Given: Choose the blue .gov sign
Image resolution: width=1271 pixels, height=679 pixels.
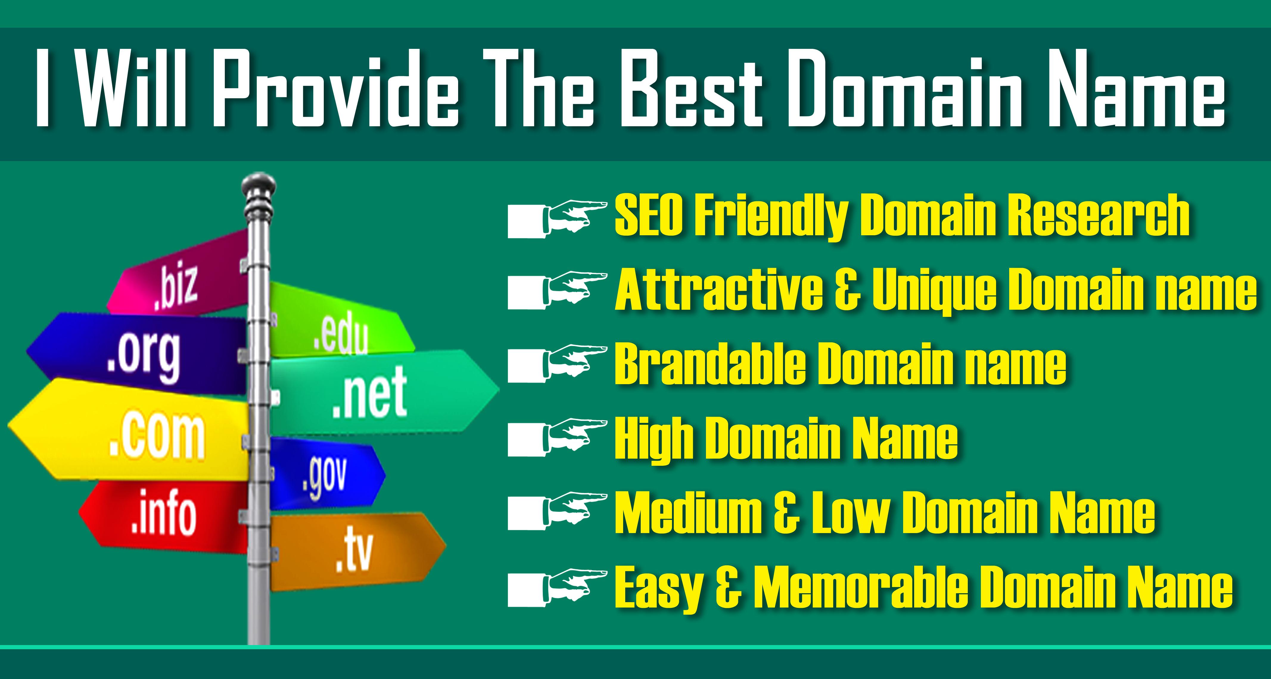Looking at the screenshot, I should [x=326, y=476].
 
